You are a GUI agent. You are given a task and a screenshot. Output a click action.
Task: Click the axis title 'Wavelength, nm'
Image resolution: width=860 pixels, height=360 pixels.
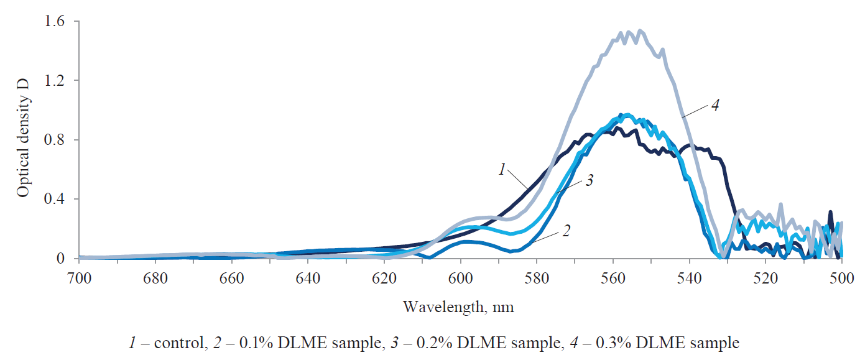pos(459,307)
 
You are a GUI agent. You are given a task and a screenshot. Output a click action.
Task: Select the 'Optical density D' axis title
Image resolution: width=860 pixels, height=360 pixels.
pos(23,140)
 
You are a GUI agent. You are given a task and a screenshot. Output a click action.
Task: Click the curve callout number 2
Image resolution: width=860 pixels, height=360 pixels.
pos(566,230)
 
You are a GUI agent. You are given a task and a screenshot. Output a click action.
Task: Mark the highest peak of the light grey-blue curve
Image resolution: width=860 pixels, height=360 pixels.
pos(640,30)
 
